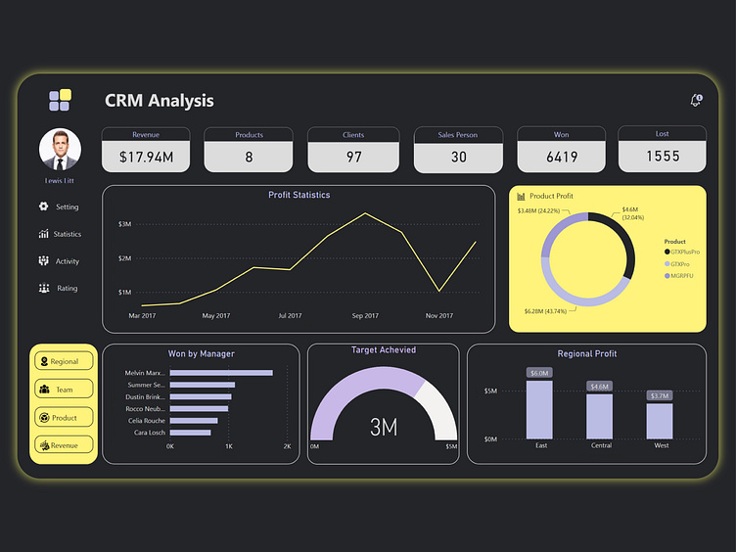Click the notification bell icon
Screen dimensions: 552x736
pos(696,101)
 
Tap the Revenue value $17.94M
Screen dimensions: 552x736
pos(146,157)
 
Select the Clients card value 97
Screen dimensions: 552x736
pos(353,157)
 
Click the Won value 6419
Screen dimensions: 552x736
pos(562,157)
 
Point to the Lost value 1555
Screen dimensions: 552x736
pos(663,156)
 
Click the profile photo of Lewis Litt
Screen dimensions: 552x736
pos(60,150)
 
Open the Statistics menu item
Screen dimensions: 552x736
pos(60,234)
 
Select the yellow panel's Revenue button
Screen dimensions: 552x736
pos(64,445)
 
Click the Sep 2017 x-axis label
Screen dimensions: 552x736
pos(364,316)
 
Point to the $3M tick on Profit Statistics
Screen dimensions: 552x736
pos(124,224)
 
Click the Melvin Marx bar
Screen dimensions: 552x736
pos(221,373)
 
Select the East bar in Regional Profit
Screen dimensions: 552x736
pos(540,409)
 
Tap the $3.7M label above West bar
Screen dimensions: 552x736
pos(660,395)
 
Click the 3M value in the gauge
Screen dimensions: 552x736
pos(383,427)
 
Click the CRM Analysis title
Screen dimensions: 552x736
pos(159,101)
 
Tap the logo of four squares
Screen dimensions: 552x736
pos(60,100)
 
